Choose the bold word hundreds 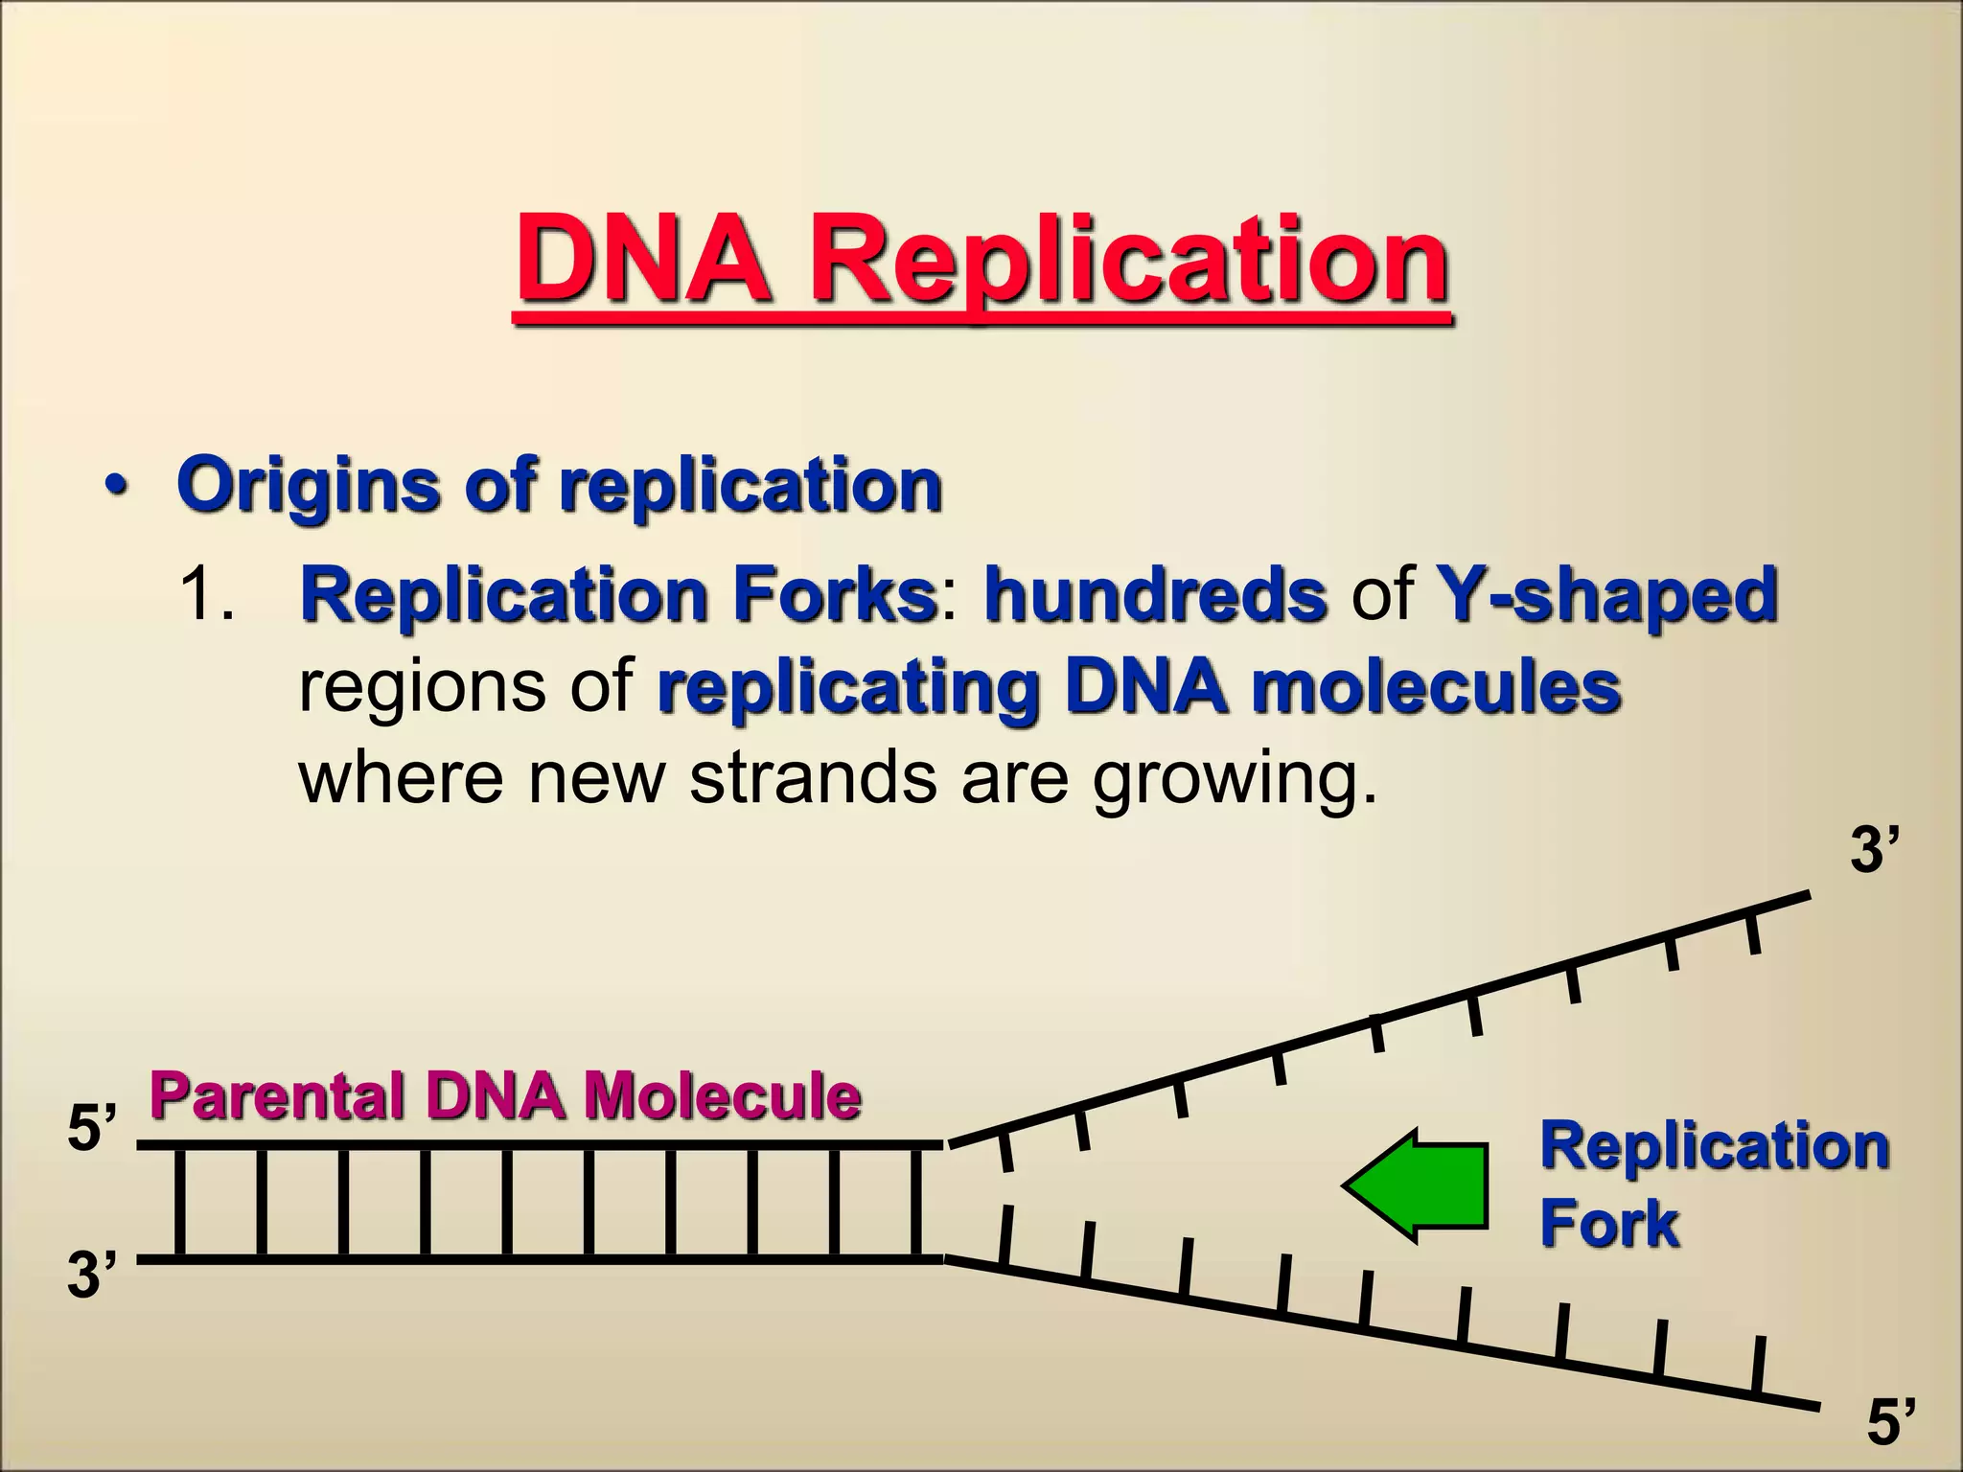[x=1155, y=594]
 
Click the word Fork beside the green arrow [x=1608, y=1224]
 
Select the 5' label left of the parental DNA [x=92, y=1128]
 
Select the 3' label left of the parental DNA [x=92, y=1276]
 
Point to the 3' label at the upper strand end [x=1874, y=849]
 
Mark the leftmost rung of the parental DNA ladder [x=179, y=1202]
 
